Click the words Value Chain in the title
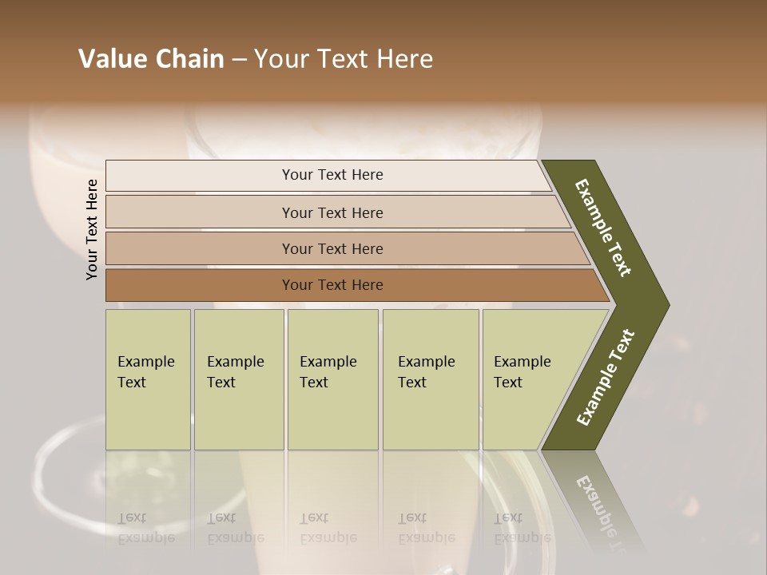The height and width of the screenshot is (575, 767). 151,59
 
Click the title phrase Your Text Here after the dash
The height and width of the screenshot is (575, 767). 344,59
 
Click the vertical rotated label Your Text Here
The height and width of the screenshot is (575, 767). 92,229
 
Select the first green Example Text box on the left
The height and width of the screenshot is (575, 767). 148,379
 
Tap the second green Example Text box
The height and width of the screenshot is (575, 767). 239,379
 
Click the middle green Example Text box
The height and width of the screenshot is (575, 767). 332,379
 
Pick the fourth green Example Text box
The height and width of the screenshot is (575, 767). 431,379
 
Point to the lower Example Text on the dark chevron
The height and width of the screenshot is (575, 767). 605,378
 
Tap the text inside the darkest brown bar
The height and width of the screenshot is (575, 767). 332,285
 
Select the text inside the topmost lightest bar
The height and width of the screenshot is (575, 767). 332,175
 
